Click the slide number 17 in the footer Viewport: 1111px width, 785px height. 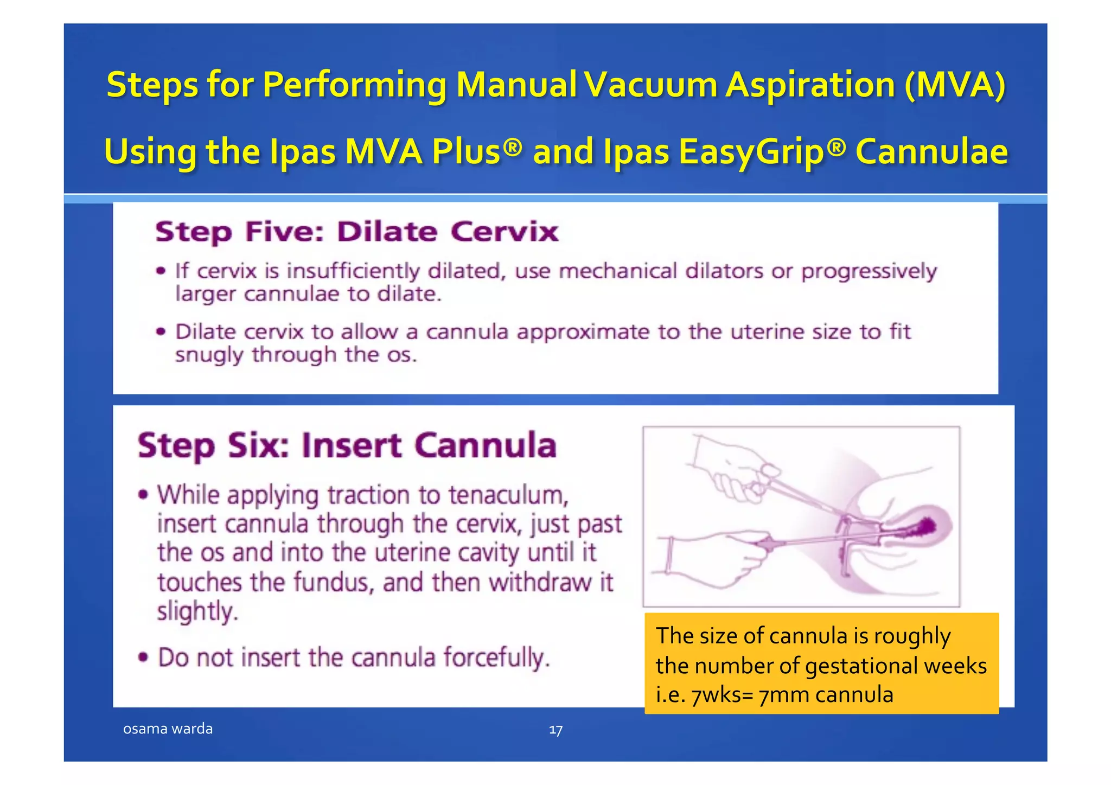(555, 730)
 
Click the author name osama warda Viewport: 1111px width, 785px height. (168, 729)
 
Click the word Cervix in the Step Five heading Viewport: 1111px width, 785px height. (504, 232)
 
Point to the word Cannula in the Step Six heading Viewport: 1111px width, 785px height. (486, 446)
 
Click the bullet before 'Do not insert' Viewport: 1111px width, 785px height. (143, 658)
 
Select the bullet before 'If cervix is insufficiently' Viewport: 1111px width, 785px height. (161, 271)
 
